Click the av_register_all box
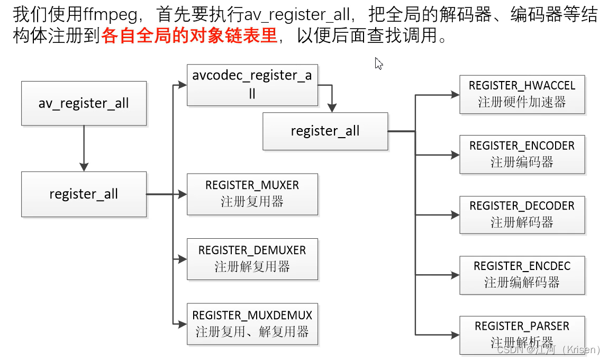tap(84, 103)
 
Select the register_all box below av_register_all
tap(84, 194)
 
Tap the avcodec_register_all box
tap(252, 85)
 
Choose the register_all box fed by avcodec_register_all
tap(325, 131)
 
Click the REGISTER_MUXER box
tap(252, 194)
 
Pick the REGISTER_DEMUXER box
tap(252, 259)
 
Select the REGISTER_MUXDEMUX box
tap(252, 324)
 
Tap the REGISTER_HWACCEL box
tap(522, 94)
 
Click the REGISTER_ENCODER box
tap(522, 154)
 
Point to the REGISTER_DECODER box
tap(522, 214)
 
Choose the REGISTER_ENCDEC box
tap(522, 275)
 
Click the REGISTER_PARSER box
tap(522, 335)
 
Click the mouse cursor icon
tap(378, 64)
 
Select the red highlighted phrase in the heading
tap(189, 35)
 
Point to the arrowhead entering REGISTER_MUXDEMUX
tap(183, 323)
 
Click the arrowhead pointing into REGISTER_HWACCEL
tap(455, 95)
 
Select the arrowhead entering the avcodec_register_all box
tap(183, 85)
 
